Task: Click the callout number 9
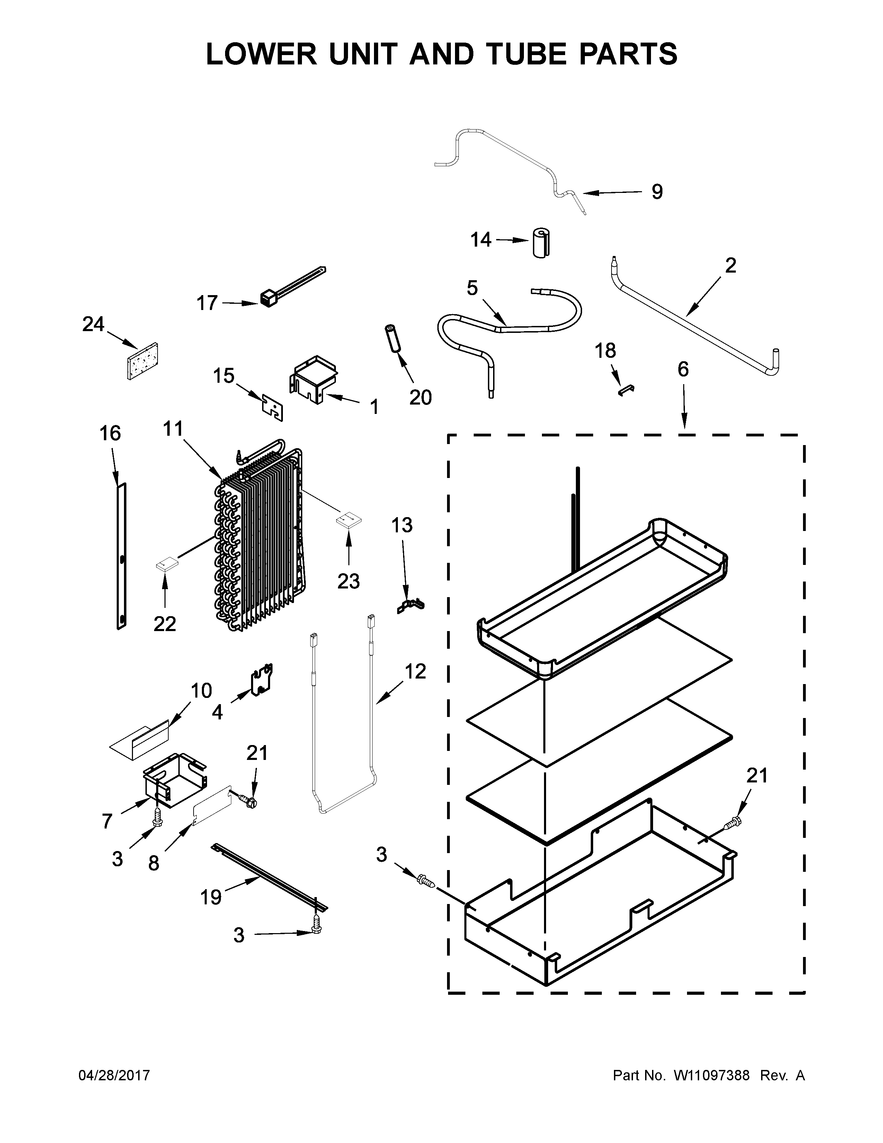click(657, 192)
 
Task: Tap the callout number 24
click(93, 325)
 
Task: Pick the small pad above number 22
click(166, 564)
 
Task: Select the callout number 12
click(415, 672)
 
